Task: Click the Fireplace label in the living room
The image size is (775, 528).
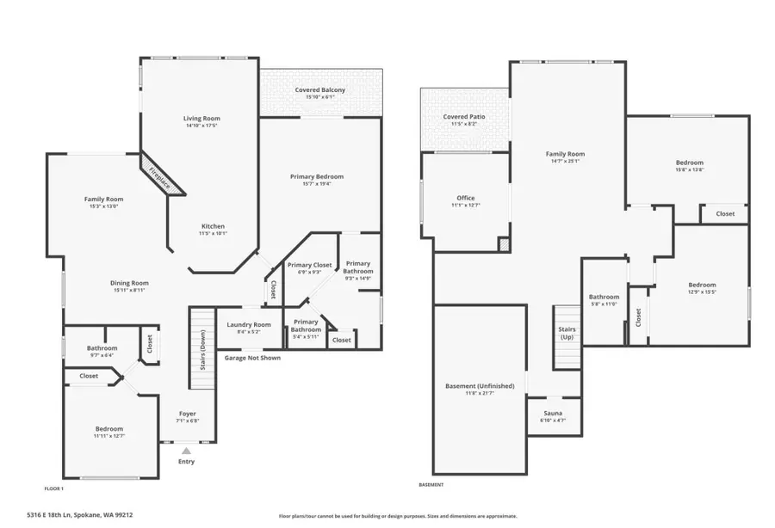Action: coord(160,175)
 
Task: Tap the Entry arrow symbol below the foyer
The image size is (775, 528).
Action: coord(186,450)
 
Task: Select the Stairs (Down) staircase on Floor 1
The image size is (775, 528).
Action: coord(201,343)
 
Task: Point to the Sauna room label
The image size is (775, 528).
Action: coord(553,413)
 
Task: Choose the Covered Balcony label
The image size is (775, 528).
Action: coord(319,89)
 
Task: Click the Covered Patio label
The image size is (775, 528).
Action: coord(463,116)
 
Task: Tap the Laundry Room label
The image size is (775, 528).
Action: coord(249,324)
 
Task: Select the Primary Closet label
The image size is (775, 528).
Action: coord(309,265)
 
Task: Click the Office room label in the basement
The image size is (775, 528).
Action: coord(466,198)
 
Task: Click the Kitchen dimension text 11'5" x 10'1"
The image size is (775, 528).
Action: coord(213,233)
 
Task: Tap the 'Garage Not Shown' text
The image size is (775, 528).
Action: coord(252,358)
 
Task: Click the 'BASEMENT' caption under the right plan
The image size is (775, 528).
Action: coord(432,485)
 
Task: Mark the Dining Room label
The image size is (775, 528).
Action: coord(129,282)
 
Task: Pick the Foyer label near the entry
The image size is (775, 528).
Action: coord(187,414)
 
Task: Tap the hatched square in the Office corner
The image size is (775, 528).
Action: coord(504,245)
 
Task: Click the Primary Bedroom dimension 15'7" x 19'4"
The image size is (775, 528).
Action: coord(317,183)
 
